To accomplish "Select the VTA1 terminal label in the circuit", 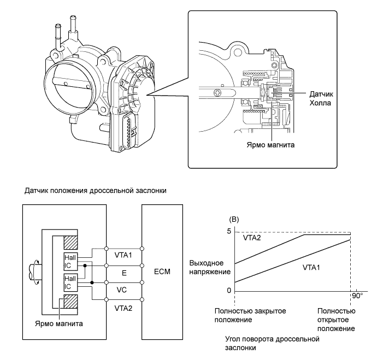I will pos(123,255).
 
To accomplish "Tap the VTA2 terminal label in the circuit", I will pos(123,308).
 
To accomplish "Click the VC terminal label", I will pos(122,291).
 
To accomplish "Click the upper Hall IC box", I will pos(71,260).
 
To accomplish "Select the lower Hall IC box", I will pos(71,284).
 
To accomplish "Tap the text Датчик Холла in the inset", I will pos(320,98).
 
